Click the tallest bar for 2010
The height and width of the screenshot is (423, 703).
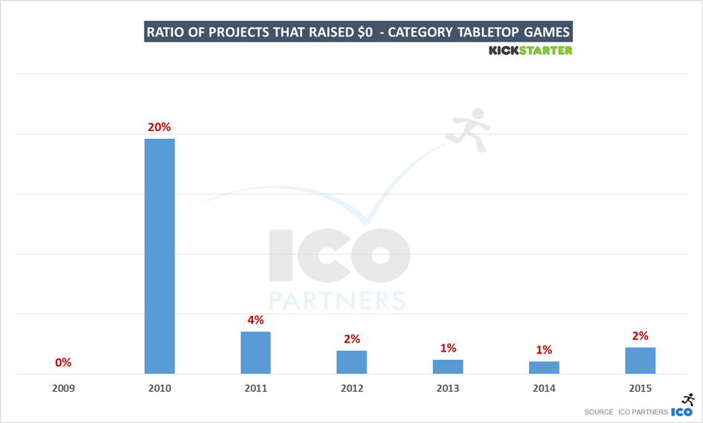(159, 256)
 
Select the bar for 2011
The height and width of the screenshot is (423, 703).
(255, 352)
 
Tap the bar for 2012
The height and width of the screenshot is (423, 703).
(351, 362)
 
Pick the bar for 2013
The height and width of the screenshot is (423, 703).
(448, 367)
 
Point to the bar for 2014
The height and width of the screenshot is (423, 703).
(544, 367)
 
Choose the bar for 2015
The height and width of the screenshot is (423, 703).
(640, 361)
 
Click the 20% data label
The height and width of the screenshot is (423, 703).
(159, 127)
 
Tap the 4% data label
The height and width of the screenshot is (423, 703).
(255, 320)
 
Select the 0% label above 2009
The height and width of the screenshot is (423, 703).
(63, 363)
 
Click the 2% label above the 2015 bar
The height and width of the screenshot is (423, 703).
(640, 335)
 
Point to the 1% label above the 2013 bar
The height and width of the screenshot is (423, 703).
(448, 348)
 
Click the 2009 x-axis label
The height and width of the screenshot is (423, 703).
(63, 388)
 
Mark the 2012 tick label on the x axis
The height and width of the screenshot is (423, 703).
(351, 388)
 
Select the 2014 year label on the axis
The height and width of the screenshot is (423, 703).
(544, 388)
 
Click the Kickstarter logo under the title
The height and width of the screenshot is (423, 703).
(530, 51)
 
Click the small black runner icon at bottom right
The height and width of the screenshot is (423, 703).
(687, 399)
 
